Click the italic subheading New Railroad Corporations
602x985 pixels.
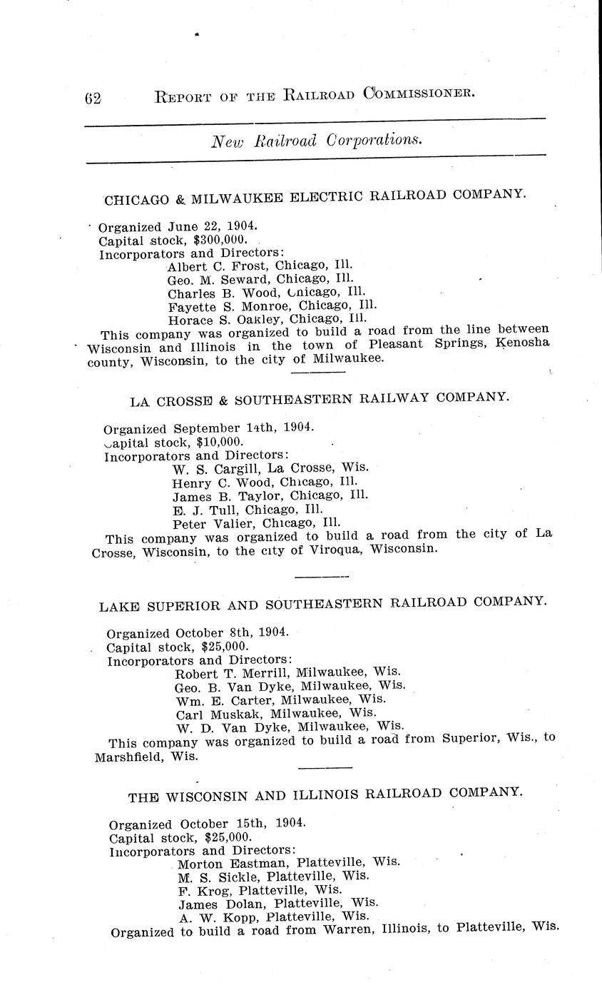[316, 141]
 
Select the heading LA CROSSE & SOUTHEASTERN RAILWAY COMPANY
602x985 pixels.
[320, 398]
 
